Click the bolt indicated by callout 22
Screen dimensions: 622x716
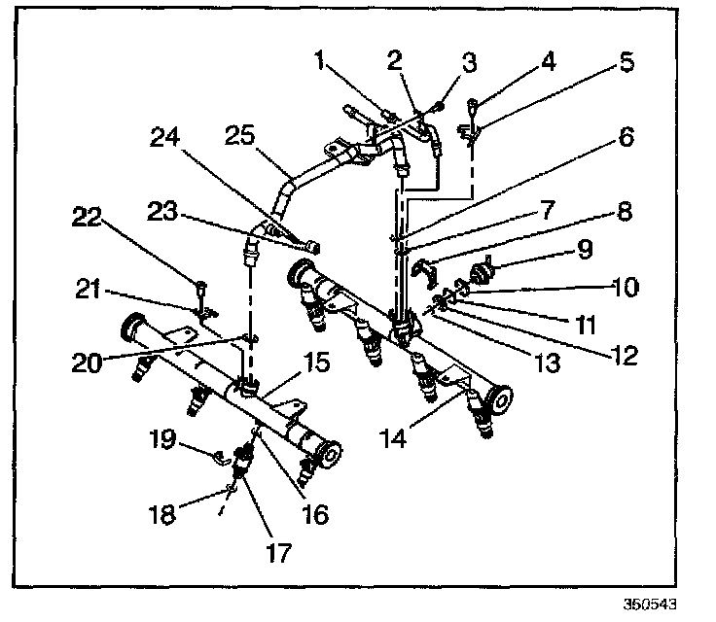199,287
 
